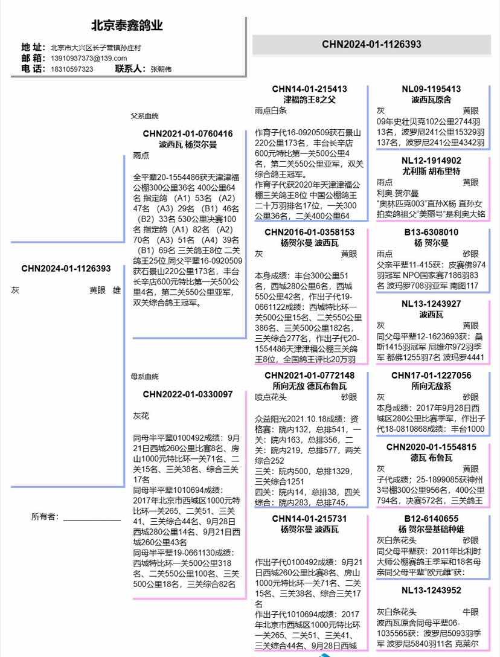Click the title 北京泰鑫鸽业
pyautogui.click(x=127, y=26)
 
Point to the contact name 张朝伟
pyautogui.click(x=161, y=69)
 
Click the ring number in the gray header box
pyautogui.click(x=371, y=44)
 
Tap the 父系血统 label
pyautogui.click(x=145, y=116)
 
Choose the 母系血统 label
pyautogui.click(x=145, y=376)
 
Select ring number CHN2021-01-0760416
pyautogui.click(x=188, y=133)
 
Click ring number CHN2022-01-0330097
pyautogui.click(x=188, y=394)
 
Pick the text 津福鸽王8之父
pyautogui.click(x=309, y=100)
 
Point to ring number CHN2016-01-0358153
pyautogui.click(x=309, y=232)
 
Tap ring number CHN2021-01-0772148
pyautogui.click(x=309, y=376)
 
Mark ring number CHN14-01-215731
pyautogui.click(x=309, y=519)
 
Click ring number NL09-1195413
pyautogui.click(x=431, y=89)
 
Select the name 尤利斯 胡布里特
pyautogui.click(x=431, y=171)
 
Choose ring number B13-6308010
pyautogui.click(x=431, y=232)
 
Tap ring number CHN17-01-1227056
pyautogui.click(x=431, y=376)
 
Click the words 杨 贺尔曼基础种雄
pyautogui.click(x=431, y=529)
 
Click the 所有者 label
pyautogui.click(x=46, y=516)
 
